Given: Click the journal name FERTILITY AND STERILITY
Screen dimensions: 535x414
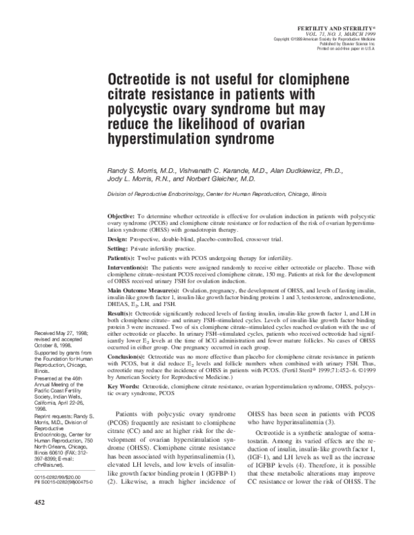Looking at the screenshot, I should (x=362, y=5).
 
